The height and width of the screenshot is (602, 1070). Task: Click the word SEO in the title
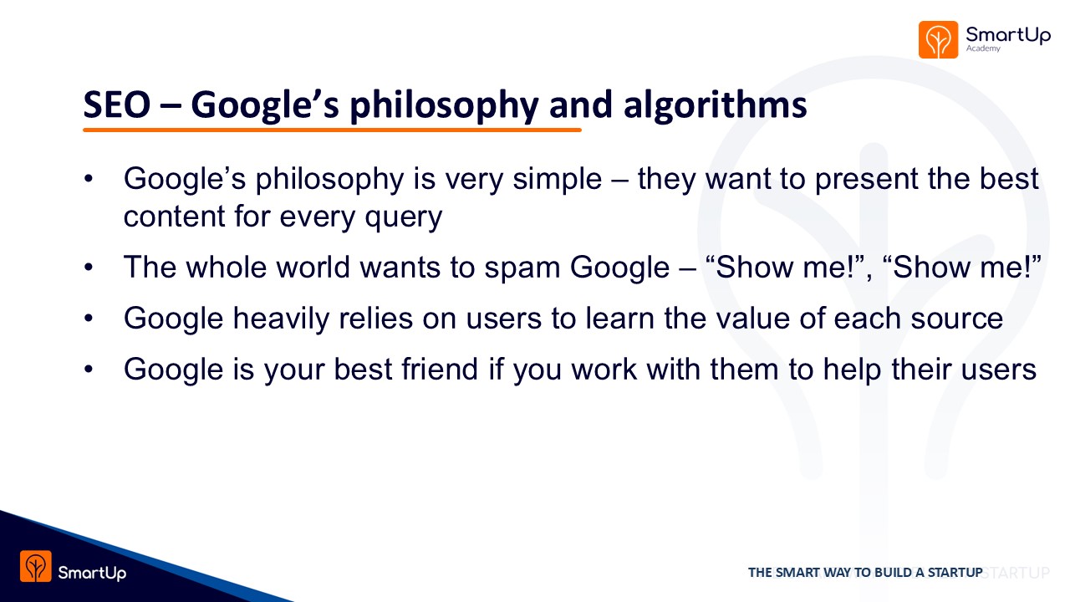[117, 105]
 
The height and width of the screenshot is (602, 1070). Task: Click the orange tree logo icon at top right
[938, 39]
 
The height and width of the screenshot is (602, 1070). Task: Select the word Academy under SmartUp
[983, 48]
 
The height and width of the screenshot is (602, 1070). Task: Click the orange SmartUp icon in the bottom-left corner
[36, 566]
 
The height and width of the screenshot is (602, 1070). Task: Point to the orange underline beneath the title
[332, 130]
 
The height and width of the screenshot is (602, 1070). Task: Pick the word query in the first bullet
[404, 218]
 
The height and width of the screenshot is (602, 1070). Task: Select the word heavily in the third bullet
[282, 319]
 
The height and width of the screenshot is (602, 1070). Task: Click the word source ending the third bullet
[957, 319]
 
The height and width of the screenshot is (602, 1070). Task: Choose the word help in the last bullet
[852, 370]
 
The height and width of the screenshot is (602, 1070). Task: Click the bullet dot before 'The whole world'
[89, 267]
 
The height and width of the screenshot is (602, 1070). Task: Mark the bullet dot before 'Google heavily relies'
[89, 319]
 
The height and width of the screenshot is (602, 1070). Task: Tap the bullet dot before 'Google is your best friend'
[89, 370]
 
